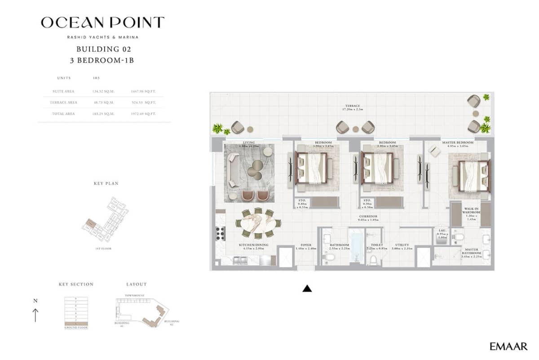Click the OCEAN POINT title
coord(102,22)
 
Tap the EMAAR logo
coord(508,346)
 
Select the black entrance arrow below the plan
coord(307,289)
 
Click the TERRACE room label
coord(352,106)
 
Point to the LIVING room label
coord(248,142)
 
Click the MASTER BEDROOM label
coord(457,142)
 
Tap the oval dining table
coord(258,223)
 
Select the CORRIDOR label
coord(367,216)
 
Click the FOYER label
coord(306,245)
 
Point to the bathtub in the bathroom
coord(357,247)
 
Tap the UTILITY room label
coord(402,245)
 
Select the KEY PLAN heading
coord(106,183)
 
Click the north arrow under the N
coord(35,315)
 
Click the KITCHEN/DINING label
coord(253,245)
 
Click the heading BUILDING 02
coord(104,49)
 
